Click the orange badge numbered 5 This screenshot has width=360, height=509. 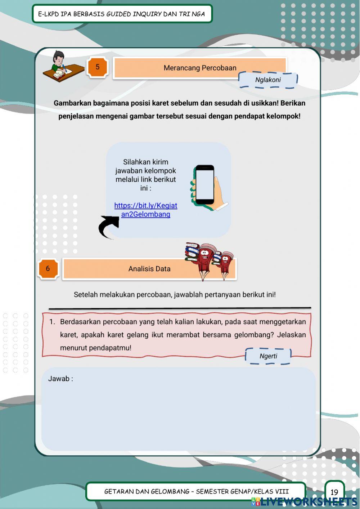tap(97, 67)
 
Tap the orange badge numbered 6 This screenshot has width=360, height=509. tap(48, 268)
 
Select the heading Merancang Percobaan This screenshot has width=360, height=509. tap(200, 68)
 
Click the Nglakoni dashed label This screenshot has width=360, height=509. tap(268, 80)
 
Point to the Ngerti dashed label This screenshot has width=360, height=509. tap(268, 356)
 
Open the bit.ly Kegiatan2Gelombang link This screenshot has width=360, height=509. tap(146, 210)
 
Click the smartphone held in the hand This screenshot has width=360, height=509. tap(204, 184)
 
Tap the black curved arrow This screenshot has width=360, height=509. tap(108, 227)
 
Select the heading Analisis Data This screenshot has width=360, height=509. tap(149, 269)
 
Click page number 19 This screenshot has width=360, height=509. tap(334, 492)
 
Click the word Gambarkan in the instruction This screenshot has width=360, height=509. tap(72, 103)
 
